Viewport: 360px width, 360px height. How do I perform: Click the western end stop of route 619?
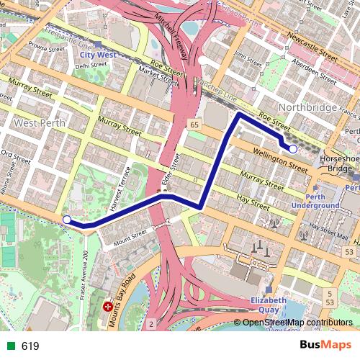click(67, 220)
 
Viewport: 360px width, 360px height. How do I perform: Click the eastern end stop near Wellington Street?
click(292, 148)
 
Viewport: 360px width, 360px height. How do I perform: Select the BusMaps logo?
click(325, 346)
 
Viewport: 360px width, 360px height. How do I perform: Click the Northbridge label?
click(308, 107)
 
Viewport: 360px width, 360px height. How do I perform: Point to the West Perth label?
click(40, 123)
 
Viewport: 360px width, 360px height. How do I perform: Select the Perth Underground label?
click(315, 201)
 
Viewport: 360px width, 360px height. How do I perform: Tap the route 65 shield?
click(194, 125)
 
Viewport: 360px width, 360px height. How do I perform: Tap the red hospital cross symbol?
click(108, 307)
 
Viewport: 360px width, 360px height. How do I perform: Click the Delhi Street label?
click(91, 66)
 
